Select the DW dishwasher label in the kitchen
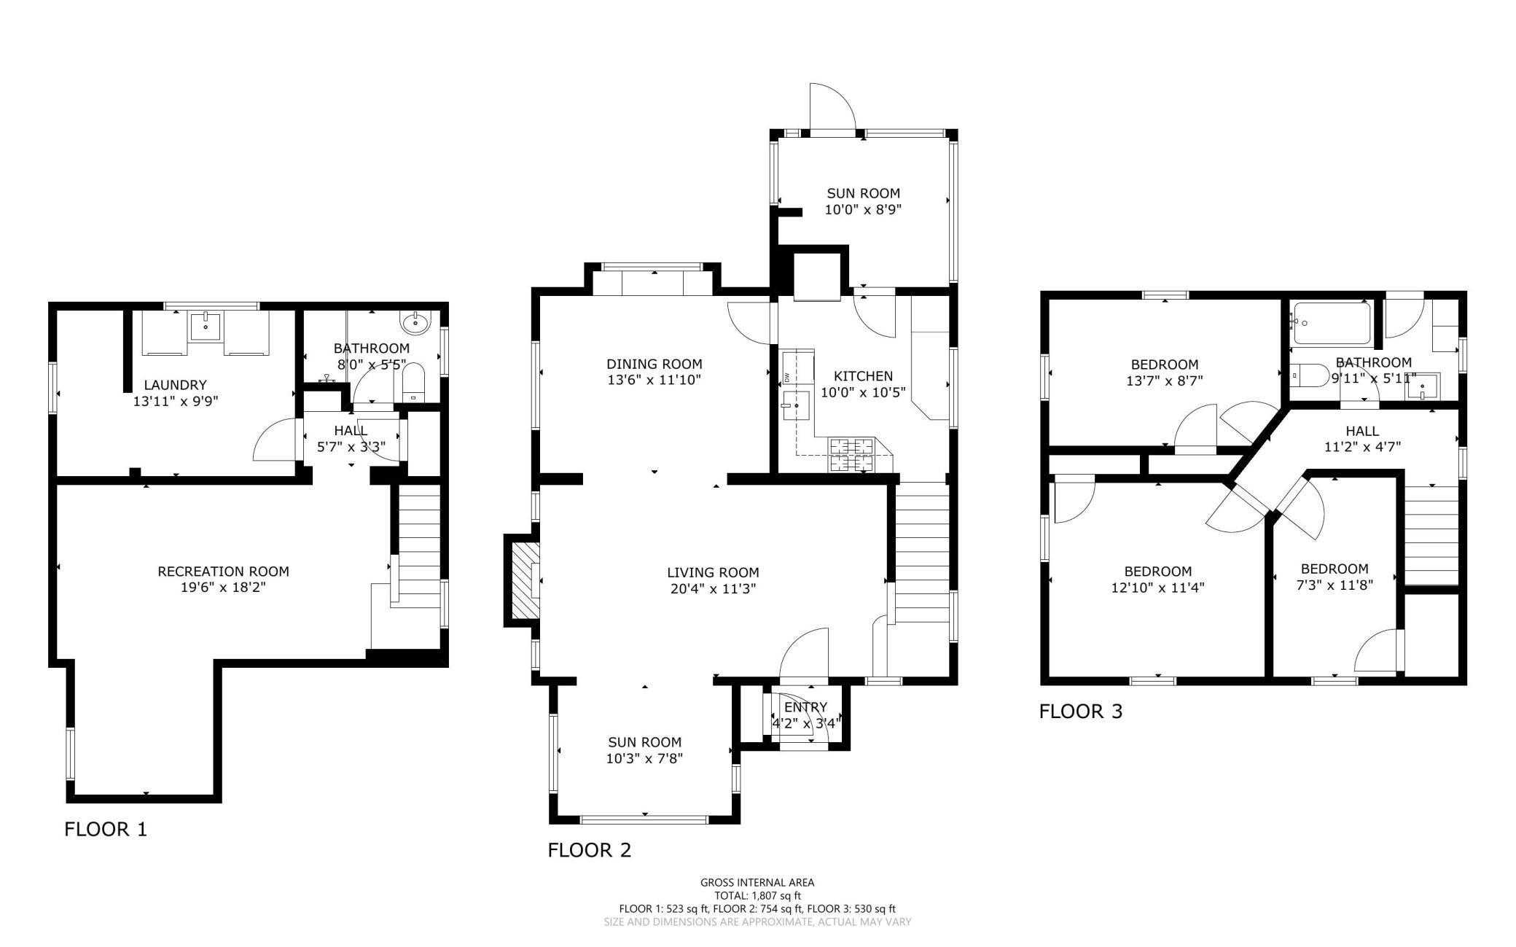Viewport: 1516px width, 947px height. [x=787, y=376]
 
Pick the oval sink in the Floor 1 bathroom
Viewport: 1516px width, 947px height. [x=415, y=320]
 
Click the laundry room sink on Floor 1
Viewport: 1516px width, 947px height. [x=206, y=326]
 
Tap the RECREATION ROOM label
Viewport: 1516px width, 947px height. [x=223, y=572]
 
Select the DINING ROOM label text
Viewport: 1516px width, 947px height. [x=655, y=364]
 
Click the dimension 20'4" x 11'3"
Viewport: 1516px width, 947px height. [x=713, y=588]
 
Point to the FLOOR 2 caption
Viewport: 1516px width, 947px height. [x=590, y=850]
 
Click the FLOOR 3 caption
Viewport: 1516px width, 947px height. [x=1081, y=711]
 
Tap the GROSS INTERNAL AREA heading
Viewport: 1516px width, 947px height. [x=757, y=882]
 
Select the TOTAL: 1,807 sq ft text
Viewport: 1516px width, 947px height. [x=757, y=895]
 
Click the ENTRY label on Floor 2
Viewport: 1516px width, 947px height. [x=806, y=707]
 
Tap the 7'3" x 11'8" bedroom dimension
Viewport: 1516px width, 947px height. [x=1335, y=585]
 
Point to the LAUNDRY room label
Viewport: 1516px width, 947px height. [x=175, y=385]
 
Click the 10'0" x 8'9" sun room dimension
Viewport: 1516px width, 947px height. [x=863, y=209]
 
